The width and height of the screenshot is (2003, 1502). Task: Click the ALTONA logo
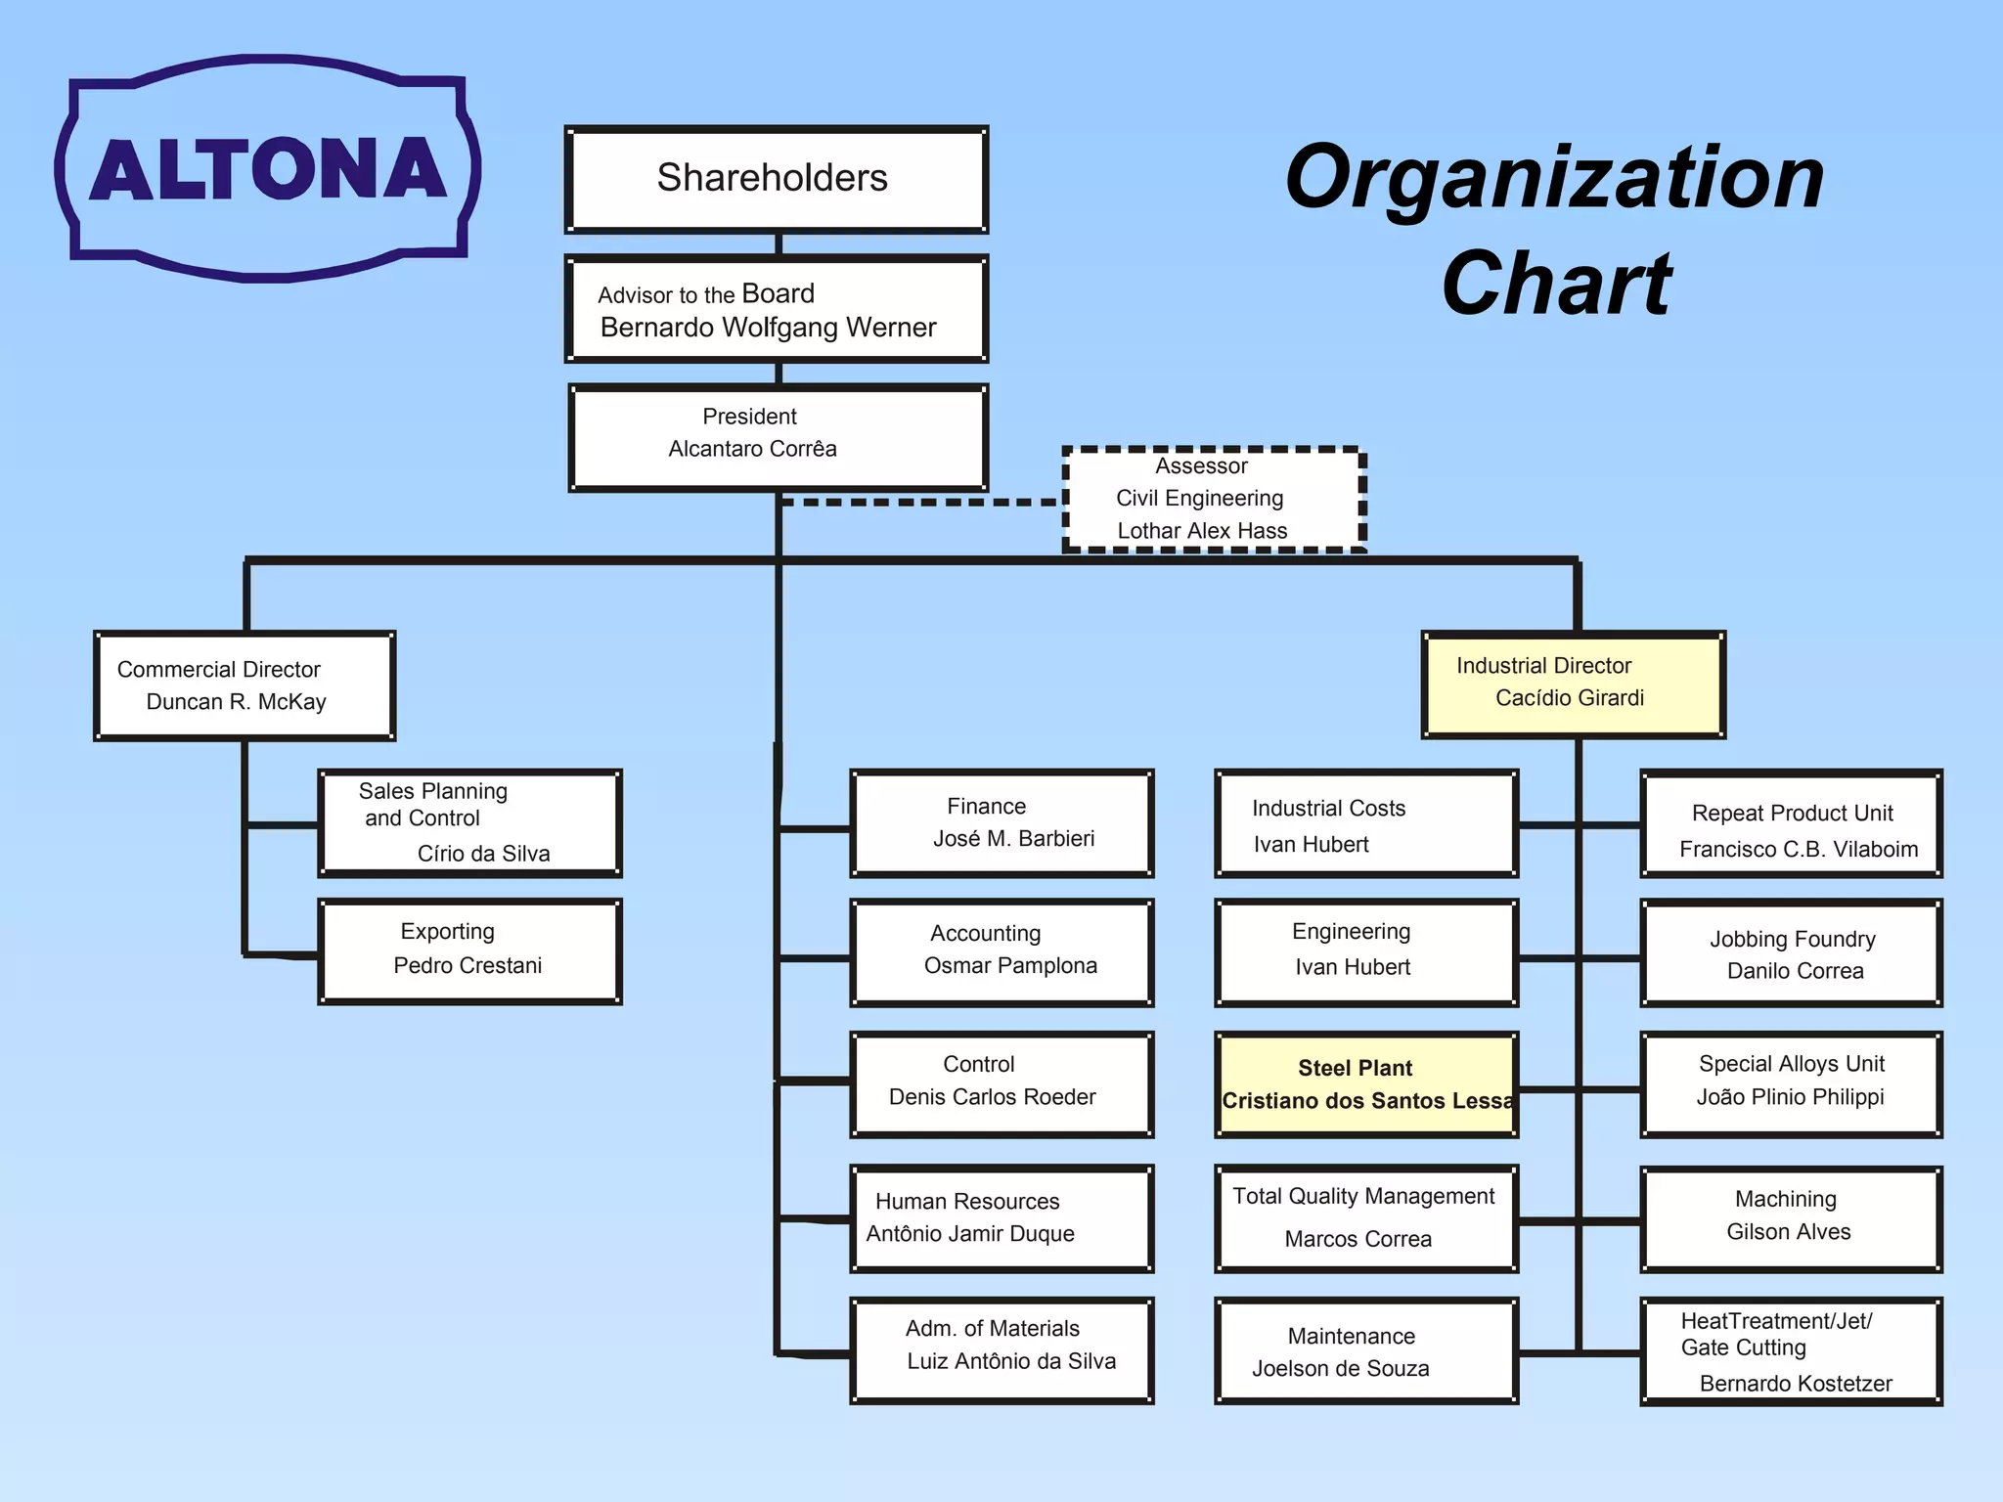[x=267, y=168]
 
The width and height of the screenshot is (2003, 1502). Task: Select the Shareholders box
[x=777, y=180]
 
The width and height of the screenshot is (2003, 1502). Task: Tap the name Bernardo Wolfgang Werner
[x=768, y=328]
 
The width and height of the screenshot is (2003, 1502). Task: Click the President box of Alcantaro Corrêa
[x=779, y=438]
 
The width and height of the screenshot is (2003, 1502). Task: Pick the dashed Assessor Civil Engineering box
[x=1214, y=500]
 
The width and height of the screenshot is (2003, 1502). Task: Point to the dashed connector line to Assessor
[x=919, y=502]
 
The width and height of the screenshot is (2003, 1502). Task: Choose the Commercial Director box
[x=245, y=685]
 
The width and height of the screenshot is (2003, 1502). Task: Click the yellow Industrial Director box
[x=1574, y=685]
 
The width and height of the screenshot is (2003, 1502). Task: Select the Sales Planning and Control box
[x=470, y=823]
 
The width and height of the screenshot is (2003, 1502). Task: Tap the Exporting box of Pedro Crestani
[x=470, y=952]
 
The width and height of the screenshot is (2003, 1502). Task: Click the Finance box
[x=1002, y=823]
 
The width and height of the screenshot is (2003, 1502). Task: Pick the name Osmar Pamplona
[x=1010, y=966]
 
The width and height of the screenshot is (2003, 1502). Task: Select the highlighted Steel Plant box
[x=1366, y=1084]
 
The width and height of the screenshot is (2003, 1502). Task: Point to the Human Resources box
[x=1002, y=1218]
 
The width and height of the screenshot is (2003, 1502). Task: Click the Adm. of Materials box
[x=1002, y=1350]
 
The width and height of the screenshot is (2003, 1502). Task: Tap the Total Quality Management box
[x=1366, y=1218]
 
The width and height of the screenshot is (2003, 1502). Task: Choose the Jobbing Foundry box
[x=1792, y=953]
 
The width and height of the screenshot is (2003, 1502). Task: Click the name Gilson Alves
[x=1789, y=1232]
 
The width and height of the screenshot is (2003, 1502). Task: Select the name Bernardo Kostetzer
[x=1796, y=1384]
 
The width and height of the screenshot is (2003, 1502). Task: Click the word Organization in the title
[x=1555, y=180]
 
